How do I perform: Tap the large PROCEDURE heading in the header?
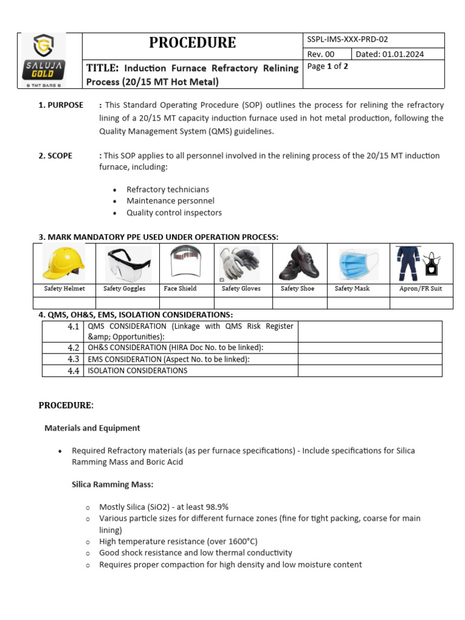193,42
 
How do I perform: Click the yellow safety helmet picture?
64,263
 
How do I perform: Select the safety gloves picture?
240,263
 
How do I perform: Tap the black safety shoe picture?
298,263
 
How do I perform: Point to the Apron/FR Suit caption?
420,289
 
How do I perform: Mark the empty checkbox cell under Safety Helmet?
64,303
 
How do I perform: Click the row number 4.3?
73,359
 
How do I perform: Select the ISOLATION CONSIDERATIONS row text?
137,371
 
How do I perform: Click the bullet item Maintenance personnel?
170,200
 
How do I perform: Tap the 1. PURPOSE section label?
61,105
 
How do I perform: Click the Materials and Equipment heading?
92,427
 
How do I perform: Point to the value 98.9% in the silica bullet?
217,507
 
